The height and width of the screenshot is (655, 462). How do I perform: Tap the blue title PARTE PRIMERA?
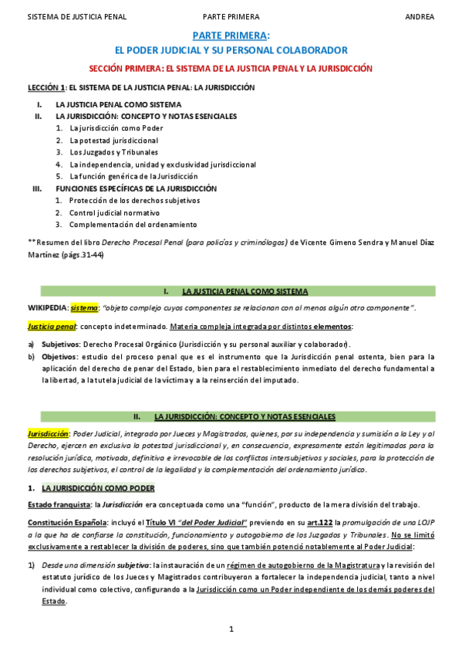tap(231, 36)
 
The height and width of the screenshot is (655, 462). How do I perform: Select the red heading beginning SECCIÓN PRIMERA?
tap(231, 68)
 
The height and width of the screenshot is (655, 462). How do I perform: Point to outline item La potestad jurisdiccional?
tap(113, 141)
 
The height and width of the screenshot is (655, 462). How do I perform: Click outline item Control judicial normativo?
tap(114, 212)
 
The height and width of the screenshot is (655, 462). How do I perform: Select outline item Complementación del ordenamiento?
tap(133, 225)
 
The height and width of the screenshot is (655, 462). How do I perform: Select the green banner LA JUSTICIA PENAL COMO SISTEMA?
tap(244, 291)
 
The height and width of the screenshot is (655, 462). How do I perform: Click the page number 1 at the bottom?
tap(231, 630)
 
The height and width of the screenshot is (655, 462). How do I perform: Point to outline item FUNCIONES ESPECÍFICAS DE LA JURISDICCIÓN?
tap(137, 188)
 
